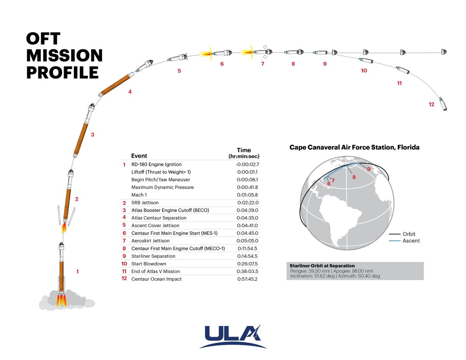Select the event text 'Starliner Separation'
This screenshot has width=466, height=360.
[x=153, y=256]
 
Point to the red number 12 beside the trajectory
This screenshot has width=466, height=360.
[x=431, y=104]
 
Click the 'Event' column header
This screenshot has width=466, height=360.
[x=139, y=156]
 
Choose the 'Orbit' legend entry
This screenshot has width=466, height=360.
[x=409, y=234]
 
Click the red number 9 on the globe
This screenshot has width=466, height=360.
[x=368, y=169]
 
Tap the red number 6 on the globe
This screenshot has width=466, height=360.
[x=329, y=183]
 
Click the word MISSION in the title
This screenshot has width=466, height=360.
[x=64, y=56]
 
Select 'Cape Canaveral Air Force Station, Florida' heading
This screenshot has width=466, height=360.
[x=355, y=148]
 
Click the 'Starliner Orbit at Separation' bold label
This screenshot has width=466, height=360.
[x=322, y=266]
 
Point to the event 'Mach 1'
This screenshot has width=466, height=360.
[x=139, y=195]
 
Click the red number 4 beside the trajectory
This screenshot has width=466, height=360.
[x=130, y=92]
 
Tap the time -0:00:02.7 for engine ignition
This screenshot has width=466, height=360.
[x=247, y=164]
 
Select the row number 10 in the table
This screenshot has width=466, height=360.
[x=124, y=263]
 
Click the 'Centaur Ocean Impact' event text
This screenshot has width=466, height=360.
[x=156, y=279]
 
